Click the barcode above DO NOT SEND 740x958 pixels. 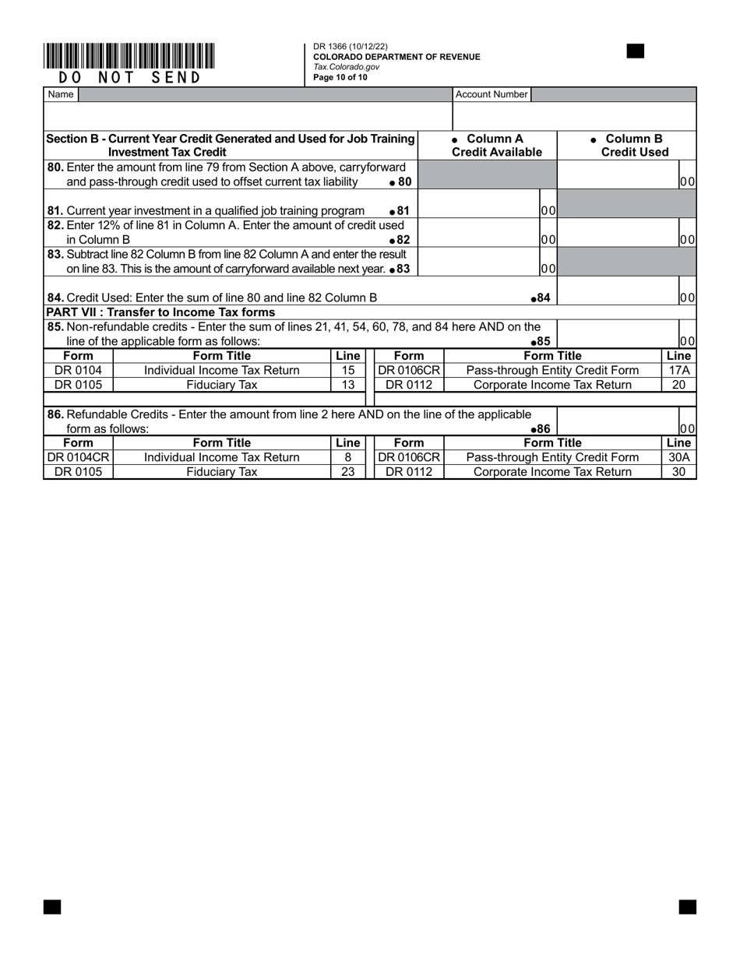[x=129, y=57]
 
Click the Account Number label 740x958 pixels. [x=492, y=94]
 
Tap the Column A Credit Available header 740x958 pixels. [x=488, y=146]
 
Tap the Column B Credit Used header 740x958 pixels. [x=627, y=146]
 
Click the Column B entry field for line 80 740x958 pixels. [x=618, y=175]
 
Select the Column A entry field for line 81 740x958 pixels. [x=479, y=204]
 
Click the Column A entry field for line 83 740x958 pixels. [x=479, y=262]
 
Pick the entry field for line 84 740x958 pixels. [x=618, y=291]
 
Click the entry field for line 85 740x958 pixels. [x=618, y=334]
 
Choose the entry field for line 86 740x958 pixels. [x=618, y=421]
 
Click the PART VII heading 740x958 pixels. [x=160, y=312]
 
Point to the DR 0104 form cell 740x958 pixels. [x=78, y=371]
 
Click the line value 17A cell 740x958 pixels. [x=678, y=371]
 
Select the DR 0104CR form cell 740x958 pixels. [x=78, y=457]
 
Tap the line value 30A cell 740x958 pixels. [x=678, y=457]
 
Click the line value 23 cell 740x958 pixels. [x=348, y=472]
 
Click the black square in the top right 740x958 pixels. [x=636, y=51]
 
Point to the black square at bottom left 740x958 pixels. [x=52, y=907]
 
